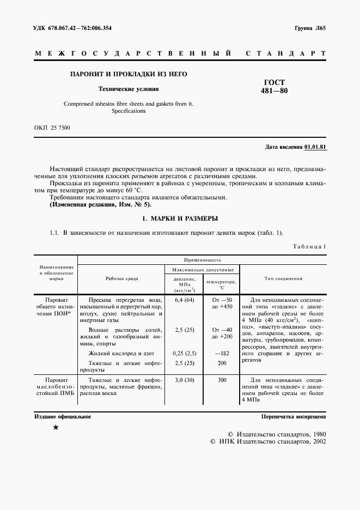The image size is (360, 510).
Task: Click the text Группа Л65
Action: [x=310, y=28]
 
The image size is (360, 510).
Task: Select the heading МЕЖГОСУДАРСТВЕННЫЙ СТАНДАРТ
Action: [x=180, y=54]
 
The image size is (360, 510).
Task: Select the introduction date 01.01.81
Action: [x=315, y=147]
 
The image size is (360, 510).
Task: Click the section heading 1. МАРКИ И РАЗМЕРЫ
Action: [x=180, y=218]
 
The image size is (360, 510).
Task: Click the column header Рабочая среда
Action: [x=121, y=278]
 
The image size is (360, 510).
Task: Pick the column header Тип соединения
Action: [x=283, y=278]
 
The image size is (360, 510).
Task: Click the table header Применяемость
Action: [x=202, y=260]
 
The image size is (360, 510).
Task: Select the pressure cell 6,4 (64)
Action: [x=184, y=300]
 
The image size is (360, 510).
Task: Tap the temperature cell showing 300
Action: [x=222, y=380]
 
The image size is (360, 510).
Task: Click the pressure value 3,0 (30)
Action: [x=184, y=380]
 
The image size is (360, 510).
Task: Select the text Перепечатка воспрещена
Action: [x=294, y=416]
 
